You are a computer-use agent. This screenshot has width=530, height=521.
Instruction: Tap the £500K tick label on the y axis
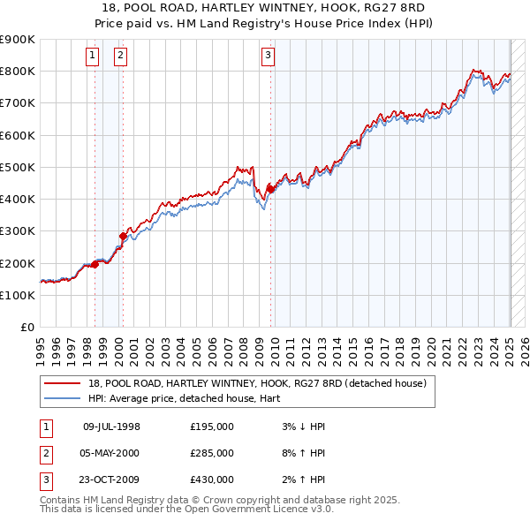pyautogui.click(x=18, y=167)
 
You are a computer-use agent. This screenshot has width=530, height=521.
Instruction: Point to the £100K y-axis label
pyautogui.click(x=18, y=295)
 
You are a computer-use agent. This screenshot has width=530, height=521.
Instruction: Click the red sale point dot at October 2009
pyautogui.click(x=270, y=188)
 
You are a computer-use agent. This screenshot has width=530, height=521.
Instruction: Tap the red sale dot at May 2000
pyautogui.click(x=123, y=235)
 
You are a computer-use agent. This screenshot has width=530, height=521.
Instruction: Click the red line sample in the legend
pyautogui.click(x=62, y=383)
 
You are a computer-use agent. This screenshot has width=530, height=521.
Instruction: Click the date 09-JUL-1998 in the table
pyautogui.click(x=111, y=427)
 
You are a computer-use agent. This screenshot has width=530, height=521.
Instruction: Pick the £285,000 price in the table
pyautogui.click(x=212, y=453)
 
